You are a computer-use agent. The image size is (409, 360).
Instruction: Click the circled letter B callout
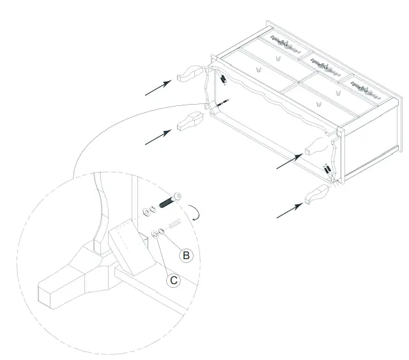click(x=185, y=255)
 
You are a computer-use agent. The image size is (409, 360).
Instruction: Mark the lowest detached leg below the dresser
click(x=318, y=195)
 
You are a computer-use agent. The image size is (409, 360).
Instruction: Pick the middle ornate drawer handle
click(x=322, y=63)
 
